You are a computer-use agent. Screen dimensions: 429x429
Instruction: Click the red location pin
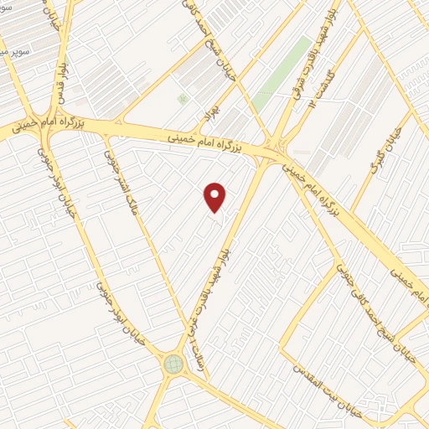pos(215,197)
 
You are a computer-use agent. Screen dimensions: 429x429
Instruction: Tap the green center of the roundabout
pos(173,364)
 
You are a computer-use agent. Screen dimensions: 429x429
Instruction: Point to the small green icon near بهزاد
pos(183,100)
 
